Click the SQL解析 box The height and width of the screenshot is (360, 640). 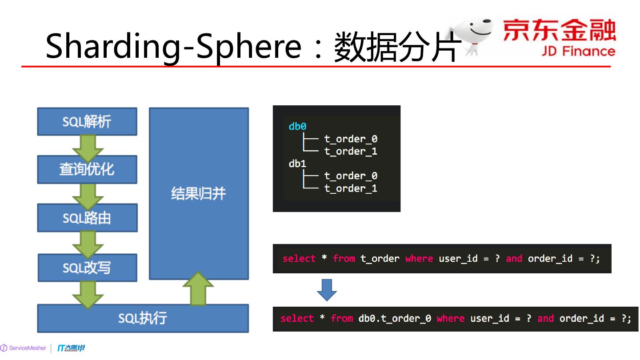[87, 121]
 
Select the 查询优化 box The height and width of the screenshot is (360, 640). [87, 169]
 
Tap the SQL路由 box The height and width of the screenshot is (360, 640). [87, 218]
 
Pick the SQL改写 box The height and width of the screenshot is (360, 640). [87, 268]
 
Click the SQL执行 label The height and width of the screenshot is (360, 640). [142, 318]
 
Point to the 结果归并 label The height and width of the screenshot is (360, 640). [198, 193]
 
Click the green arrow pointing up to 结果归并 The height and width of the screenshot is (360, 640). [198, 289]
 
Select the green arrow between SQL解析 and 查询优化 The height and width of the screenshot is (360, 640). [88, 146]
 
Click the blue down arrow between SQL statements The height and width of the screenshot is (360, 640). [327, 290]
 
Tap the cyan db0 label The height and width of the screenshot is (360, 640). [297, 127]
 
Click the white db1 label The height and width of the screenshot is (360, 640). [297, 164]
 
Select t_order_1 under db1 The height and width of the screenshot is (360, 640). [351, 188]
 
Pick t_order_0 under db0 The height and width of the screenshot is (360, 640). [351, 139]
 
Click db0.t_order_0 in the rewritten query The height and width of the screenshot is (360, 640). [395, 319]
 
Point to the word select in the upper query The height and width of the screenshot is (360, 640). [299, 259]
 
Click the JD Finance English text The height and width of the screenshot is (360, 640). [578, 52]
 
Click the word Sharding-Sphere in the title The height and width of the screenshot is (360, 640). [173, 46]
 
